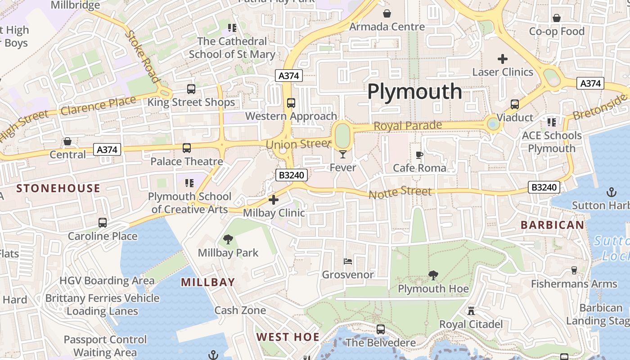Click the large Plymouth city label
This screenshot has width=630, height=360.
tap(414, 92)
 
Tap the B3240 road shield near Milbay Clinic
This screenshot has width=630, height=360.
tap(291, 175)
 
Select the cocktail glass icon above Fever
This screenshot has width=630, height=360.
tap(343, 155)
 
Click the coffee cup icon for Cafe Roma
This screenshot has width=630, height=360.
tap(419, 155)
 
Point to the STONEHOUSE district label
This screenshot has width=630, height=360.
tap(58, 188)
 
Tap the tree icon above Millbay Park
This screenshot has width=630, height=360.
tap(228, 239)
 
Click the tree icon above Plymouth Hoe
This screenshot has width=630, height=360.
tap(433, 275)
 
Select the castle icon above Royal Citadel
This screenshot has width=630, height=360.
tap(471, 311)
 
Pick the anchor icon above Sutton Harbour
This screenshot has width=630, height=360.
tap(611, 193)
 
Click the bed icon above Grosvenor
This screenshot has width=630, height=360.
tap(348, 261)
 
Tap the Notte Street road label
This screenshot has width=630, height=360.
tap(400, 193)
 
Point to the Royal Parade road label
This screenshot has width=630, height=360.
tap(408, 126)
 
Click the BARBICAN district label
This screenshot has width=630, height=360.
tap(552, 225)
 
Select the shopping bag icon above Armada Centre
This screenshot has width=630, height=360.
tap(387, 13)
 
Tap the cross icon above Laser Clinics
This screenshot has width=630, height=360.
tap(503, 58)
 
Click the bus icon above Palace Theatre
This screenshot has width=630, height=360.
tap(187, 148)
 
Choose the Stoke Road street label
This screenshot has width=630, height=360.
tap(143, 56)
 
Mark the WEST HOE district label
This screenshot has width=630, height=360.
tap(288, 337)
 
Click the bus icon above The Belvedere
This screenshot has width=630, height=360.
tap(381, 329)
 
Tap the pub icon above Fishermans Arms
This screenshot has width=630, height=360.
tap(574, 270)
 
